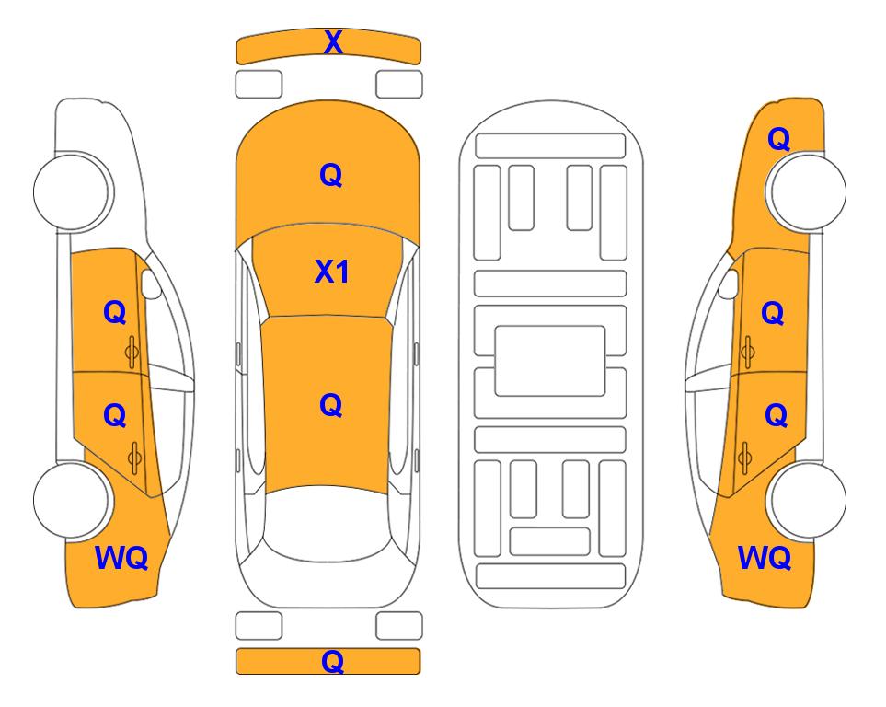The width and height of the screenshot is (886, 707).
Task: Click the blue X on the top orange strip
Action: pyautogui.click(x=333, y=42)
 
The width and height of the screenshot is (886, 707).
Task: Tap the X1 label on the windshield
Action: pyautogui.click(x=332, y=272)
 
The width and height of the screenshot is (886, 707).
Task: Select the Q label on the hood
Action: pyautogui.click(x=331, y=175)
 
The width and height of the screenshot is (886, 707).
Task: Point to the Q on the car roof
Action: pyautogui.click(x=331, y=405)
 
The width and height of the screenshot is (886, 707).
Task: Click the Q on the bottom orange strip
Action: pyautogui.click(x=333, y=661)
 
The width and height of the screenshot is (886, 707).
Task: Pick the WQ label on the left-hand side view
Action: pyautogui.click(x=121, y=558)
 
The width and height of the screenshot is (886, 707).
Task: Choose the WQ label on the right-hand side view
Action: pyautogui.click(x=765, y=558)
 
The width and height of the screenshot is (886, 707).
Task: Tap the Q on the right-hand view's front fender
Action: pyautogui.click(x=778, y=139)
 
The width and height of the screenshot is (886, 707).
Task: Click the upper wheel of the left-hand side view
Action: pyautogui.click(x=73, y=191)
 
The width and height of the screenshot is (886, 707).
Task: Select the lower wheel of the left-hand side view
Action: pyautogui.click(x=72, y=501)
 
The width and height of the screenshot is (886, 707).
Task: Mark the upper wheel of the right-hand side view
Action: pyautogui.click(x=806, y=191)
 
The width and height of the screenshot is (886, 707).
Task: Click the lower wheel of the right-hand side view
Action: pyautogui.click(x=806, y=501)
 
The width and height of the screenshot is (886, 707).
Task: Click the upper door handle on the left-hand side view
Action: pyautogui.click(x=132, y=352)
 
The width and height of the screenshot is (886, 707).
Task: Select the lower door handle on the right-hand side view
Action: pyautogui.click(x=745, y=458)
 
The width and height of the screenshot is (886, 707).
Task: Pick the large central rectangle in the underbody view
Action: pyautogui.click(x=550, y=361)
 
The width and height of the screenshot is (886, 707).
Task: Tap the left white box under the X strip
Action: pyautogui.click(x=259, y=85)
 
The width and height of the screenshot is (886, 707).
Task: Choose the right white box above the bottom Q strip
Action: pyautogui.click(x=399, y=626)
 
